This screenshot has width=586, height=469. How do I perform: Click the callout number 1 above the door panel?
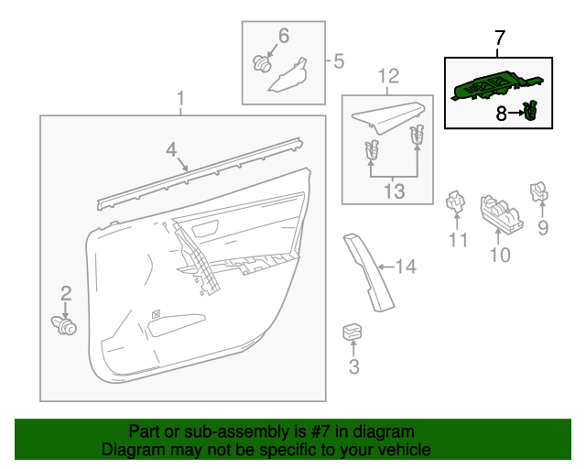[x=180, y=98]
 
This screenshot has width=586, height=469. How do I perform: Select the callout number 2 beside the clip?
[x=66, y=293]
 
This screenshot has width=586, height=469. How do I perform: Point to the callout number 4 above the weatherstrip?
[x=171, y=148]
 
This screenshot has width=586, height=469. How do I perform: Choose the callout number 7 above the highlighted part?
[x=499, y=38]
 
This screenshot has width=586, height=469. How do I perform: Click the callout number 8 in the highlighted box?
[x=502, y=114]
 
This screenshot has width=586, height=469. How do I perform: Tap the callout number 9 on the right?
[x=542, y=228]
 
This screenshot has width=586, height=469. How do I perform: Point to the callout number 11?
[x=458, y=240]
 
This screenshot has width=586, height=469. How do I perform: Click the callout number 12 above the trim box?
[x=389, y=75]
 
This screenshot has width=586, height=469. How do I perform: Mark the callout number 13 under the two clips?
[x=393, y=191]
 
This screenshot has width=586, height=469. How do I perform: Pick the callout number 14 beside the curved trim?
[x=406, y=267]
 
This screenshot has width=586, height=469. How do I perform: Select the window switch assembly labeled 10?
[x=502, y=216]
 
